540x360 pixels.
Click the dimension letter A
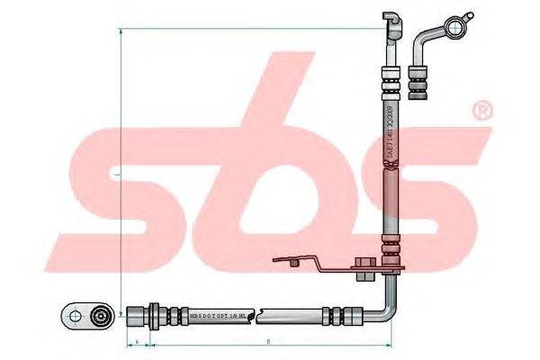point(136,342)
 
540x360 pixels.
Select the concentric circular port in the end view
point(101,316)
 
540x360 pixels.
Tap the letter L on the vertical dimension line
point(118,171)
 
